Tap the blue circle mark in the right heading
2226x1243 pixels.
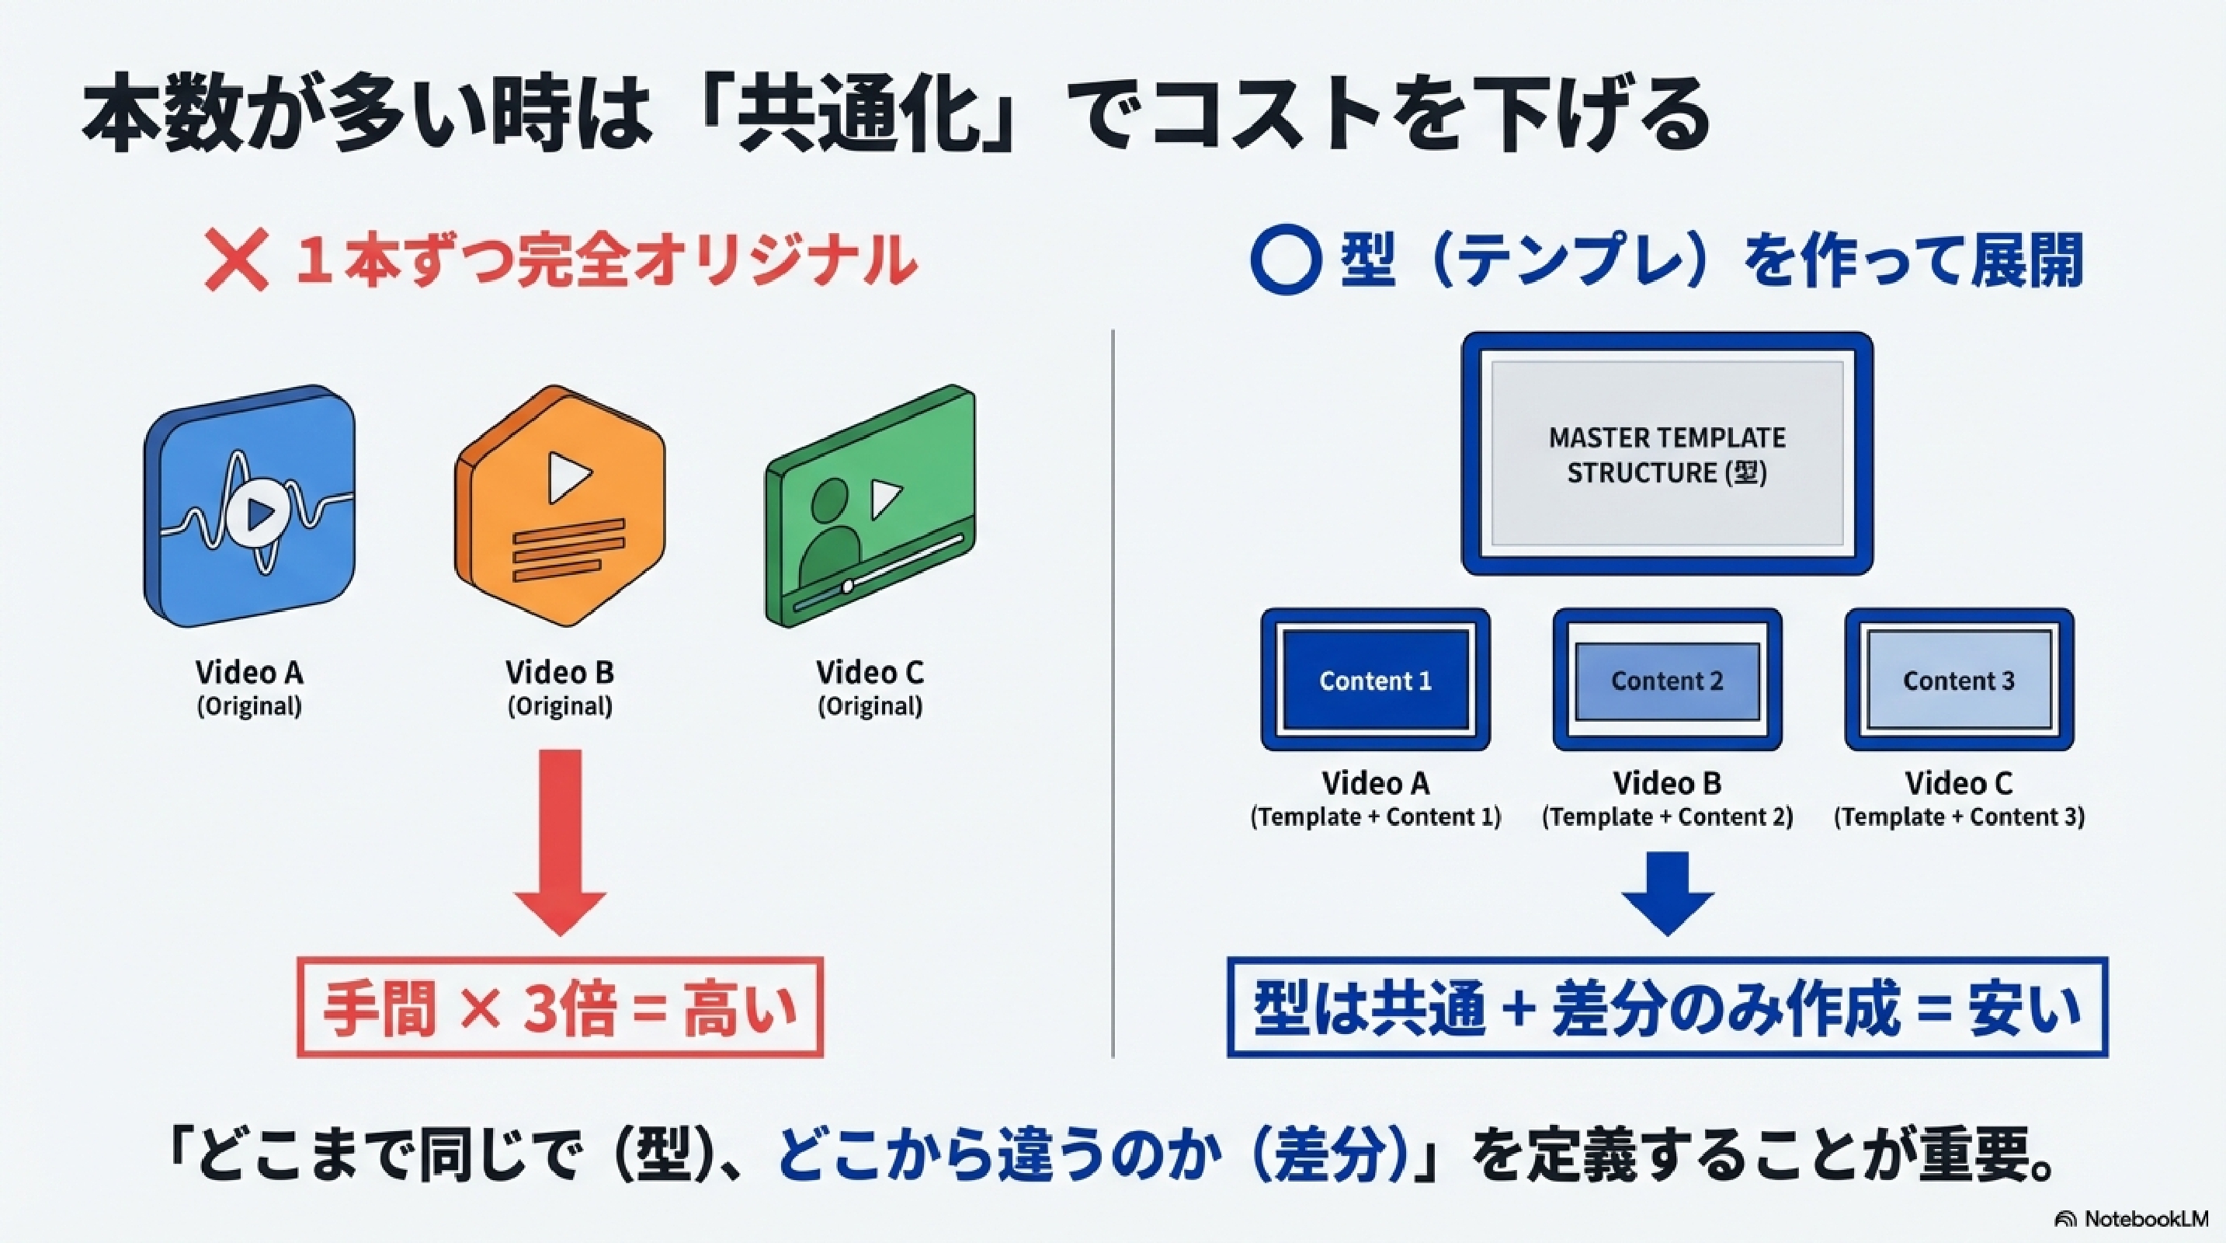tap(1285, 260)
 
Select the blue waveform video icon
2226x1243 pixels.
tap(250, 507)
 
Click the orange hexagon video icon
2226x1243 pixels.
tap(560, 507)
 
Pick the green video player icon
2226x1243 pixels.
tap(870, 507)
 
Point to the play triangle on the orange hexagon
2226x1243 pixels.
tap(568, 476)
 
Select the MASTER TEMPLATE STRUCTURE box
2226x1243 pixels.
tap(1667, 454)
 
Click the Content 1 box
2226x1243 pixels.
tap(1375, 681)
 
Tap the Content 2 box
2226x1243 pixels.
tap(1667, 681)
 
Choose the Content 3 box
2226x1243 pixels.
tap(1958, 681)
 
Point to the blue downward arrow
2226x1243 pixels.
tap(1667, 893)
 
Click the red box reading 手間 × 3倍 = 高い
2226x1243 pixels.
tap(560, 1008)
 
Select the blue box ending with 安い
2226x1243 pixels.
tap(1667, 1008)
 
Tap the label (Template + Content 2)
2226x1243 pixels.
tap(1667, 816)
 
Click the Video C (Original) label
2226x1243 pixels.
tap(870, 688)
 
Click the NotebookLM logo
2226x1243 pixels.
tap(2131, 1219)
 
